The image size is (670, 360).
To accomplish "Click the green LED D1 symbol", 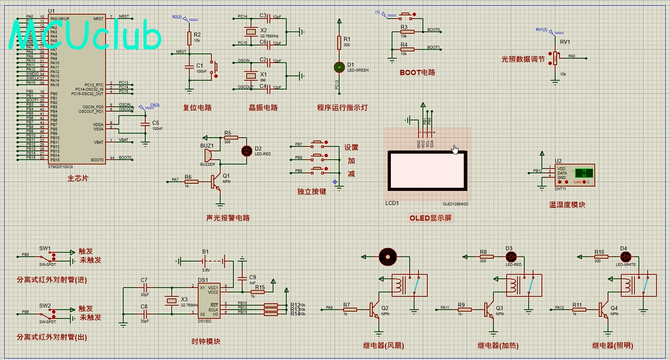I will (x=339, y=66).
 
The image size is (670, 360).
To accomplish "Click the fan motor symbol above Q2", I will (x=386, y=256).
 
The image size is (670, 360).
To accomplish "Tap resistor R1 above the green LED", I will (x=339, y=43).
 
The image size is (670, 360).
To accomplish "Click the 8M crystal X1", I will (x=245, y=74).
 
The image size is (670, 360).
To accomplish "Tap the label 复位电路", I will (x=197, y=107).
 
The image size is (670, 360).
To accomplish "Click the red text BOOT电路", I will (x=417, y=73).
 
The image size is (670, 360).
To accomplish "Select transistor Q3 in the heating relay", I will (x=490, y=310).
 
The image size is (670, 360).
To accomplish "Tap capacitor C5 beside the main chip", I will (x=146, y=125).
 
